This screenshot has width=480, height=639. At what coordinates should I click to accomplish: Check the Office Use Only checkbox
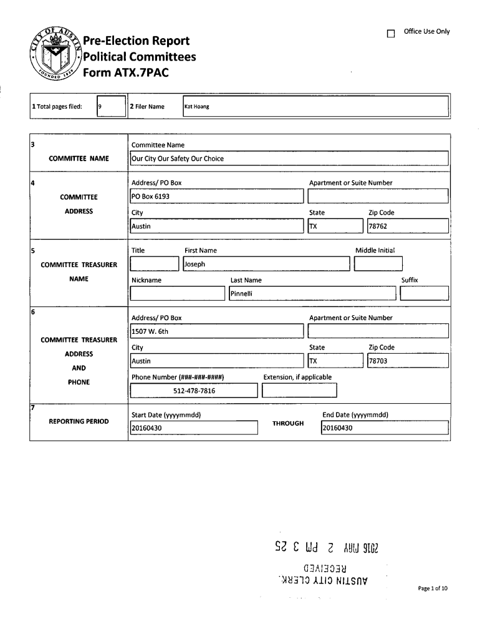(x=391, y=34)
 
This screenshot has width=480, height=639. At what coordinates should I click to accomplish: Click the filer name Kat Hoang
(x=197, y=107)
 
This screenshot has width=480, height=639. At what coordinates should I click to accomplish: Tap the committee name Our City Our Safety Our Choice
(x=178, y=159)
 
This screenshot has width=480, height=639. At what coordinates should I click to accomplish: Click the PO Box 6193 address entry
(x=150, y=196)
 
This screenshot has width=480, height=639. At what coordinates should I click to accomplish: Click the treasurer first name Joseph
(x=195, y=264)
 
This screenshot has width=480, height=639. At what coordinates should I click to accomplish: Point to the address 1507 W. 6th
(x=150, y=331)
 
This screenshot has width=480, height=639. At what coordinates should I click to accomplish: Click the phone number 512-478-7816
(x=194, y=391)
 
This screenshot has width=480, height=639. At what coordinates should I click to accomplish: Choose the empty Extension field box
(x=300, y=391)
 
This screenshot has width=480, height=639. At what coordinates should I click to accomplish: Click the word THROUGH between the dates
(x=288, y=424)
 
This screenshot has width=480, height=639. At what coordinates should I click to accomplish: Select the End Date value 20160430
(x=338, y=428)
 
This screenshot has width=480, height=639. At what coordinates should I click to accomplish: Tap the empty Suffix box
(x=424, y=293)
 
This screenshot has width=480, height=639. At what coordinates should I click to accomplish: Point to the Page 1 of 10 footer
(x=433, y=588)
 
